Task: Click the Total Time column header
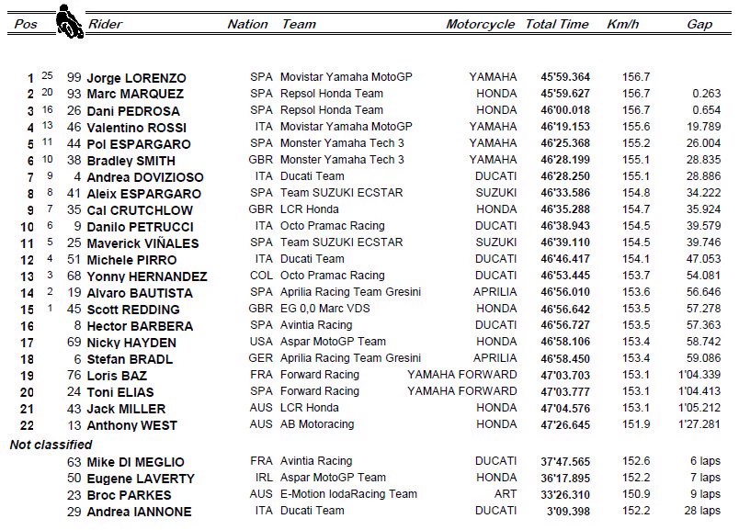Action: [557, 25]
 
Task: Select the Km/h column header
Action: [622, 25]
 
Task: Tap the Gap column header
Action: [699, 25]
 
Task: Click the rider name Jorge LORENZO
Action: [136, 78]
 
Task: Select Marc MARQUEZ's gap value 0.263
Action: [706, 95]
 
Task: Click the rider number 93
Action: [74, 95]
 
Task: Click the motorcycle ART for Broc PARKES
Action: [506, 495]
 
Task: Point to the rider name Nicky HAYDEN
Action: [131, 343]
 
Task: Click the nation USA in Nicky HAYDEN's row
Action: [261, 343]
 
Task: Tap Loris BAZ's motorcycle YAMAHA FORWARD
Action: [462, 376]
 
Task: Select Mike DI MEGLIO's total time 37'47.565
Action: [566, 462]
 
